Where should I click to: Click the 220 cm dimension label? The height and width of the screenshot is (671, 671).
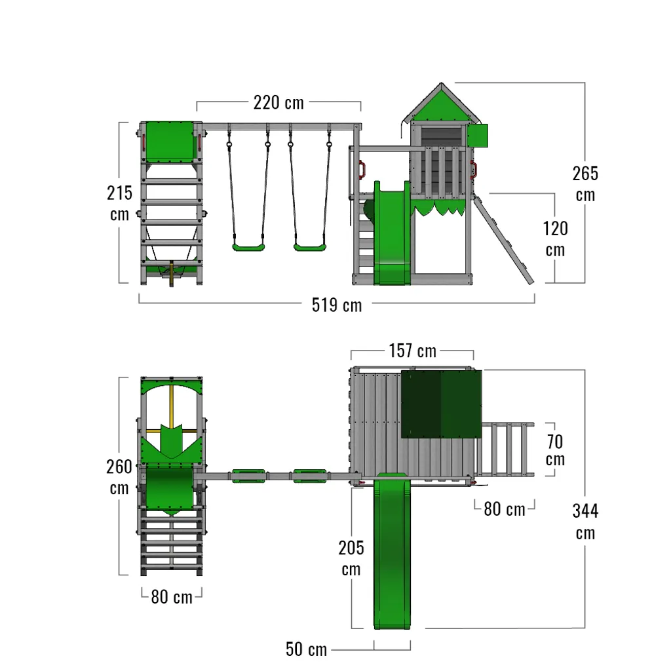pos(278,103)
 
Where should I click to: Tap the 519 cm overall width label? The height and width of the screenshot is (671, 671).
pos(337,305)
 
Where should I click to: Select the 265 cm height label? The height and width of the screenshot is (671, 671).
pos(585,184)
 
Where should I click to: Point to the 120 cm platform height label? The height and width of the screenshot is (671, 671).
pos(556,239)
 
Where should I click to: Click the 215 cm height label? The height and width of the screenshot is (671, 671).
pos(119,203)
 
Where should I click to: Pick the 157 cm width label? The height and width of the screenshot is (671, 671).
pos(413,351)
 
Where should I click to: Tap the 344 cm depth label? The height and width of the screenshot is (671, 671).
pos(585,522)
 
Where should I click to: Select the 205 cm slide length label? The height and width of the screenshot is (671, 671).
pos(351,558)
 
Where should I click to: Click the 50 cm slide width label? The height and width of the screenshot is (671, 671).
pos(307,649)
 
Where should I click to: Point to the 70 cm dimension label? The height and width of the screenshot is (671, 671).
pos(555,450)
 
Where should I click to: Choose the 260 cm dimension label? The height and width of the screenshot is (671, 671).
pos(119,477)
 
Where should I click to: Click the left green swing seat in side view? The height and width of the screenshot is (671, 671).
pos(248,247)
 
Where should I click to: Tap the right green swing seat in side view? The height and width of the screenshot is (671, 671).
pos(310,247)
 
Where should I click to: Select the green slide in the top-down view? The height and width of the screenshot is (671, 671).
pos(392,551)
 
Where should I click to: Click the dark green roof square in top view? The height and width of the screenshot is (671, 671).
pos(441,404)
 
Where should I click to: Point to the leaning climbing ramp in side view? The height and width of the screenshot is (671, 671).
pos(503,239)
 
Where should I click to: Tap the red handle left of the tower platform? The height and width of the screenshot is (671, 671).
pos(362,168)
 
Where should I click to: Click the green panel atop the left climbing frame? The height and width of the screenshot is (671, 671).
pos(171,142)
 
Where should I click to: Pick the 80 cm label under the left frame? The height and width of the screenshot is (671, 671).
pos(172,597)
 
